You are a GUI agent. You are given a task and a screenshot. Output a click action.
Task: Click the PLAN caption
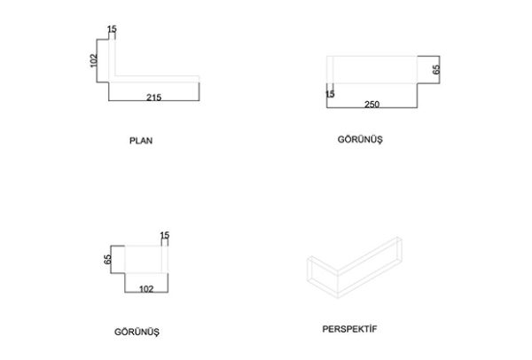[141, 140]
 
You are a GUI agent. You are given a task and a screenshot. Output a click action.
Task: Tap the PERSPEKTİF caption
[349, 329]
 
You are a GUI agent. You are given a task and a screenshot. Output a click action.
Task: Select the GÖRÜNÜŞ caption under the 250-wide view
[360, 139]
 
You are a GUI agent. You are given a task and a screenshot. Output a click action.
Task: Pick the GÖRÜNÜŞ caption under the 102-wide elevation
[137, 332]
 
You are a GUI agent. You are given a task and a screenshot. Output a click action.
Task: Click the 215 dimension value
[153, 98]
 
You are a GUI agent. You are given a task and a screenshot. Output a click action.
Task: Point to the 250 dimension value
[372, 104]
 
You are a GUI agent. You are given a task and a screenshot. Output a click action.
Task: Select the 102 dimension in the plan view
[94, 60]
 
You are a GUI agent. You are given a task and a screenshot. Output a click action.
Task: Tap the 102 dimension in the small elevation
[146, 289]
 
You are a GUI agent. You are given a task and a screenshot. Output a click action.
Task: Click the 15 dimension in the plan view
[112, 29]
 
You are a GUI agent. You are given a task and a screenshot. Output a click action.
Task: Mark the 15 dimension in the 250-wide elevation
[330, 94]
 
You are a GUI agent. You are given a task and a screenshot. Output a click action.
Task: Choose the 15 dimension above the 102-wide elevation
[165, 235]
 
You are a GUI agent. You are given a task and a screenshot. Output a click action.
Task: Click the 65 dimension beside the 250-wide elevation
[436, 69]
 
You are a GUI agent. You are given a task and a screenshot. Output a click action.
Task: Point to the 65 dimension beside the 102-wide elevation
[107, 260]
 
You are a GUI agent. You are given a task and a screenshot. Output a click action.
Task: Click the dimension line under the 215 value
[154, 101]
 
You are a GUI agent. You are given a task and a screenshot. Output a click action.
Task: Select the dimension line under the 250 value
[372, 107]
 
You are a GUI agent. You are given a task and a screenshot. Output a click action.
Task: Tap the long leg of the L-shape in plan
[156, 79]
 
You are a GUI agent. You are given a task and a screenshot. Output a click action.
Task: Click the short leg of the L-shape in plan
[112, 58]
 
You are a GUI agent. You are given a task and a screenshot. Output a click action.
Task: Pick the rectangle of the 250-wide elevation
[372, 57]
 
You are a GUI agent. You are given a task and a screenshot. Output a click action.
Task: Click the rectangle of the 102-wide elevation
[146, 246]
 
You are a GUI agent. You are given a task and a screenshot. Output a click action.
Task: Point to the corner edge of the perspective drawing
[338, 284]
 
